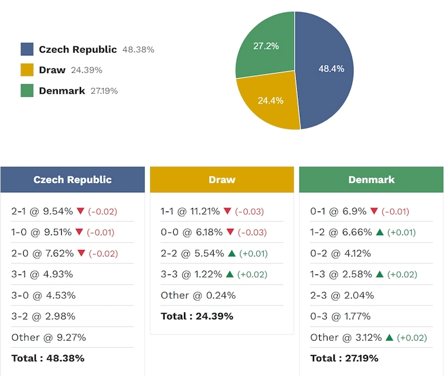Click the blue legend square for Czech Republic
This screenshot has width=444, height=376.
pyautogui.click(x=27, y=49)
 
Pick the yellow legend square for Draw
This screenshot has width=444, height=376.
pyautogui.click(x=27, y=70)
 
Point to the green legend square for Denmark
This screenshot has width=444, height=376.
pyautogui.click(x=27, y=91)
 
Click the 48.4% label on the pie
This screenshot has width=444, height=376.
pyautogui.click(x=331, y=68)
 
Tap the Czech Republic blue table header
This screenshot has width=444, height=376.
pyautogui.click(x=73, y=180)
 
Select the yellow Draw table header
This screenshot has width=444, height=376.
pyautogui.click(x=222, y=180)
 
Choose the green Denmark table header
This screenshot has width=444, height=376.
pyautogui.click(x=371, y=180)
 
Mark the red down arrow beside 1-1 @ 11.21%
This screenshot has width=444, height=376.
pyautogui.click(x=227, y=211)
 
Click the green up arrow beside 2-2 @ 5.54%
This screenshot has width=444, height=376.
pyautogui.click(x=230, y=253)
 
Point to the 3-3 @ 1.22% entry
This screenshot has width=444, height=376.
pyautogui.click(x=190, y=274)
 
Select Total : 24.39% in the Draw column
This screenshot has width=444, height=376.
pyautogui.click(x=197, y=316)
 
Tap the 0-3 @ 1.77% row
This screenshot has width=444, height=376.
pyautogui.click(x=340, y=316)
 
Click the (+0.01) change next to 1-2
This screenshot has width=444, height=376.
pyautogui.click(x=402, y=232)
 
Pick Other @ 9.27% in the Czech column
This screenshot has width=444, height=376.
pyautogui.click(x=48, y=337)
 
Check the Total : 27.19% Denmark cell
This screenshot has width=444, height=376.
pyautogui.click(x=344, y=358)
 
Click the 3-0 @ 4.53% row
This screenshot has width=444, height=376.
pyautogui.click(x=43, y=295)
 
